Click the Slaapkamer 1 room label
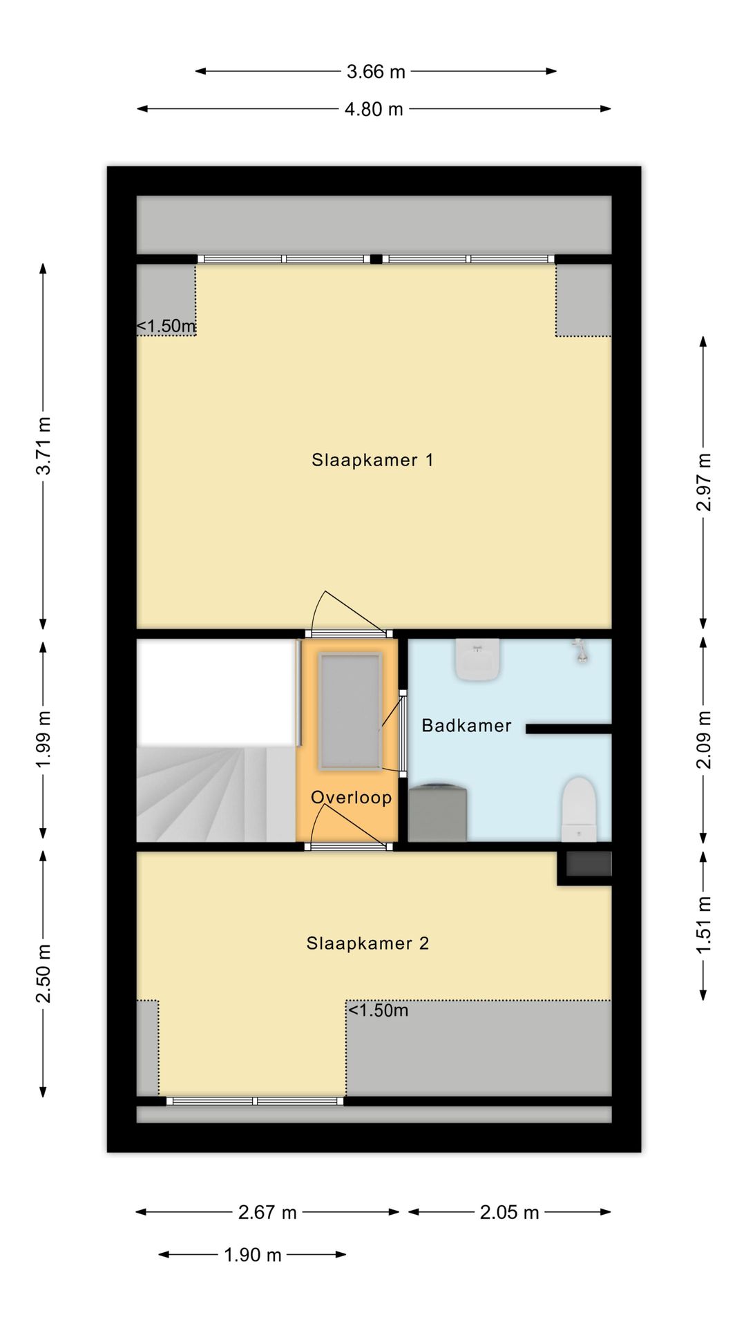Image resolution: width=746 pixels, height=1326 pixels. click(372, 460)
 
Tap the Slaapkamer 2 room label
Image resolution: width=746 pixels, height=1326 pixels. click(367, 943)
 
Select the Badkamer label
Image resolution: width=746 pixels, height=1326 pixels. click(466, 725)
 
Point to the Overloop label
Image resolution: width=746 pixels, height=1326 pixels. click(351, 798)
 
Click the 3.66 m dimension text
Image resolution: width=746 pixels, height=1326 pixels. click(376, 72)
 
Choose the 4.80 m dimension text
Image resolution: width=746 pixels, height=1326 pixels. click(374, 109)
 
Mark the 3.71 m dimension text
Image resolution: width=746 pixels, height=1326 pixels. click(44, 446)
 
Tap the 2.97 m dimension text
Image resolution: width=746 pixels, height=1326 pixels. click(703, 482)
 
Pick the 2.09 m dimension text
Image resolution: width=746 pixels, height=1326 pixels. click(703, 740)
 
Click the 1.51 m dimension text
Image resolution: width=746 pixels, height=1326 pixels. click(703, 925)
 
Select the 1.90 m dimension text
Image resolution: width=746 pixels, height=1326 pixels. click(253, 1255)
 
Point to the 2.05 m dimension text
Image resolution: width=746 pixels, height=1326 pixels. click(509, 1212)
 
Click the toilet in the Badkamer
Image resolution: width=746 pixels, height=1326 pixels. click(578, 809)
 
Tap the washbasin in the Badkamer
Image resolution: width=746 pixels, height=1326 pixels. click(477, 660)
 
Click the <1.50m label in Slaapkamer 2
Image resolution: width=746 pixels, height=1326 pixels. click(378, 1010)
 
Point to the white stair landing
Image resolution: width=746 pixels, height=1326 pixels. click(216, 692)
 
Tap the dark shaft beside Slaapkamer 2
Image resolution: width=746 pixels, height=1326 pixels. click(589, 864)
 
